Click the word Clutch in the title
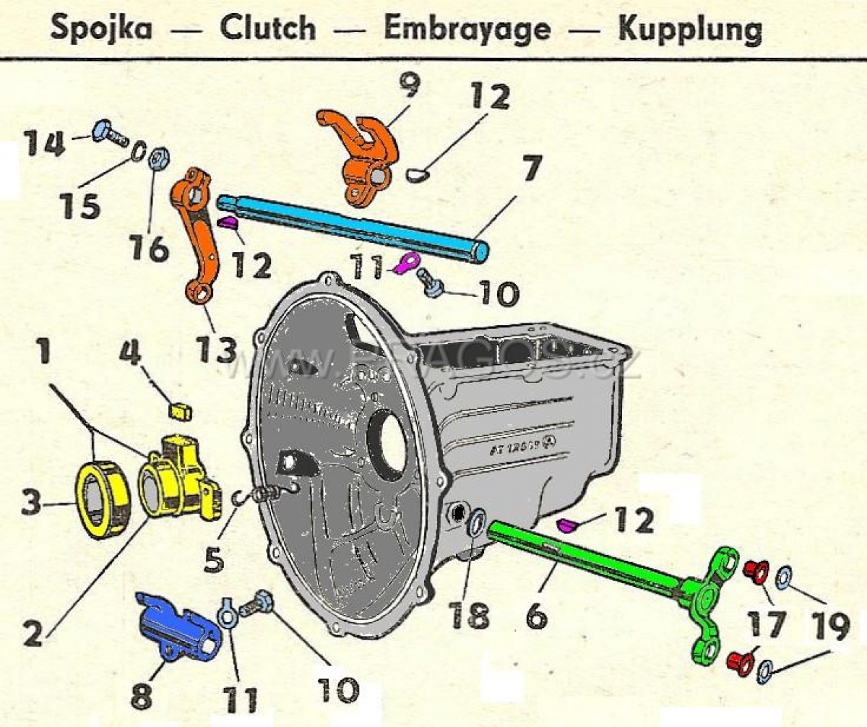click(x=268, y=29)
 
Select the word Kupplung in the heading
click(x=690, y=29)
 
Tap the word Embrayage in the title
click(x=467, y=29)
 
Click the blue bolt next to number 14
click(x=108, y=133)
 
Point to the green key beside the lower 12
click(x=570, y=523)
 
